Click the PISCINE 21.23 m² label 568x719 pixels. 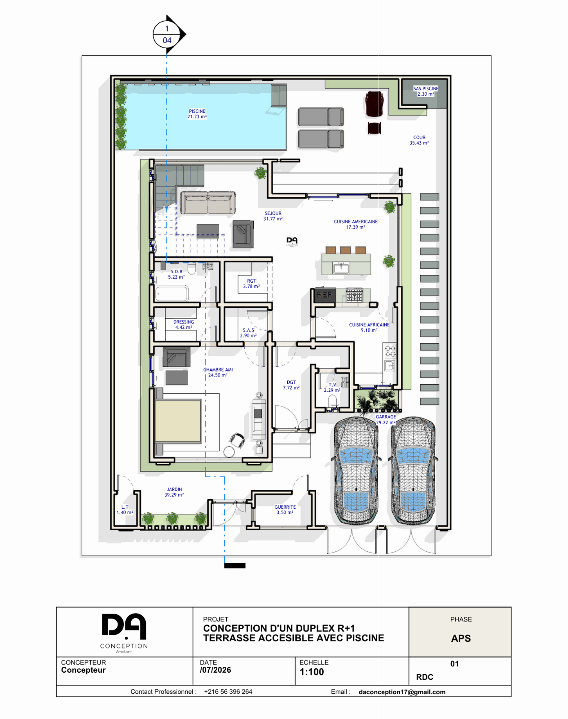coord(197,114)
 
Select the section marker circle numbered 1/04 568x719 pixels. coord(167,35)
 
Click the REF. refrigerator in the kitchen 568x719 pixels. coord(325,295)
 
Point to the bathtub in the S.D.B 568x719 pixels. coord(172,293)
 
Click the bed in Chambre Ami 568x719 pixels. coord(178,422)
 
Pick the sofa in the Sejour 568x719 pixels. coord(208,203)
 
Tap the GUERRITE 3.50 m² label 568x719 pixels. coord(285,510)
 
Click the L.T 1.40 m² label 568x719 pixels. coord(124,510)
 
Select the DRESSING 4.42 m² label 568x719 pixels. coord(183,324)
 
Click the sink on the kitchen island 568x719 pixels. coord(341,268)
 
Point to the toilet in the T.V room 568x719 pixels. coord(333,400)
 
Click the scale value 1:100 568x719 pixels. coord(312,672)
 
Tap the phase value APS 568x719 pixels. coord(461,639)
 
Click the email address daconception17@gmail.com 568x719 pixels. coord(402,692)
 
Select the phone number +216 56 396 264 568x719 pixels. coord(228,692)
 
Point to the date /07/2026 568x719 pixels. coord(216,670)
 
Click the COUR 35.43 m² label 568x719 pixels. coord(419,140)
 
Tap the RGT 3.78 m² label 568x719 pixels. coord(251,284)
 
